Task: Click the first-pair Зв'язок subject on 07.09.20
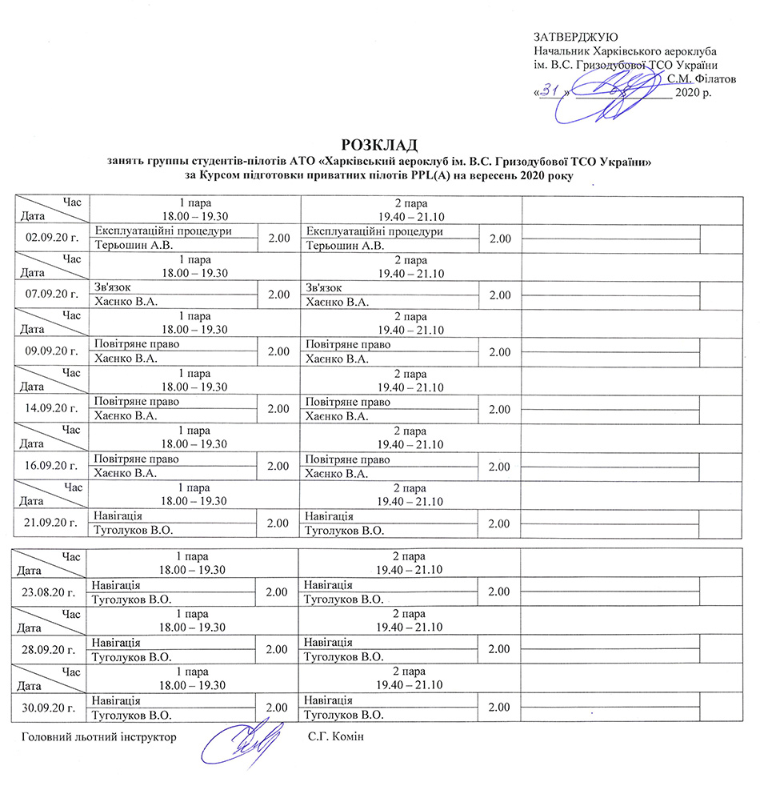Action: pos(113,287)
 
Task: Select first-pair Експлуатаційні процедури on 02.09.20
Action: pos(163,231)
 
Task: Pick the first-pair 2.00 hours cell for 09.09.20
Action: pos(279,352)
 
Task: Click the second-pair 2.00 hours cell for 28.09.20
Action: pos(498,649)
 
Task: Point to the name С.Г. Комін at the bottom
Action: pos(335,735)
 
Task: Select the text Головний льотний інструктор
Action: pos(97,735)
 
